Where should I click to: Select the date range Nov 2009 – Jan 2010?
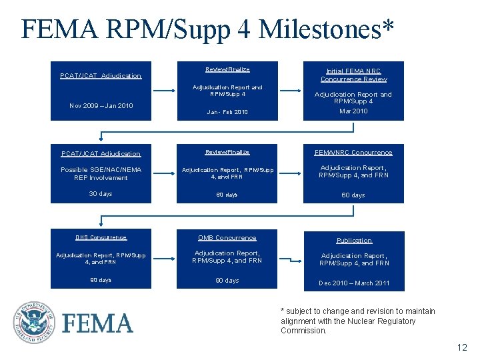(x=101, y=106)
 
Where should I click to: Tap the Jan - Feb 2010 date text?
(x=227, y=112)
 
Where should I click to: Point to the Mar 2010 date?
(x=353, y=111)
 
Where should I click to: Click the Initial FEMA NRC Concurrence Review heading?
(x=353, y=75)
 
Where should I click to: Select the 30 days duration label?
(x=101, y=194)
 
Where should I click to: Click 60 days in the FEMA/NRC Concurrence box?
(x=353, y=195)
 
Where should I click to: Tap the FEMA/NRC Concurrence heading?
(x=353, y=153)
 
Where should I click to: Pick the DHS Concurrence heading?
(x=101, y=237)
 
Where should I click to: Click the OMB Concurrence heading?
(x=227, y=238)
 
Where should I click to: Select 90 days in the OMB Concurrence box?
(x=227, y=281)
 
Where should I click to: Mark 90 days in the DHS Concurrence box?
(x=101, y=281)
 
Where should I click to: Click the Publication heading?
(x=353, y=241)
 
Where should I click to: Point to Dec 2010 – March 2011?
(x=353, y=283)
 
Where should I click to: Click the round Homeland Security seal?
(x=33, y=323)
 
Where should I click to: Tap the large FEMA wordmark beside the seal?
(x=97, y=324)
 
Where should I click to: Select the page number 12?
(x=462, y=347)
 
